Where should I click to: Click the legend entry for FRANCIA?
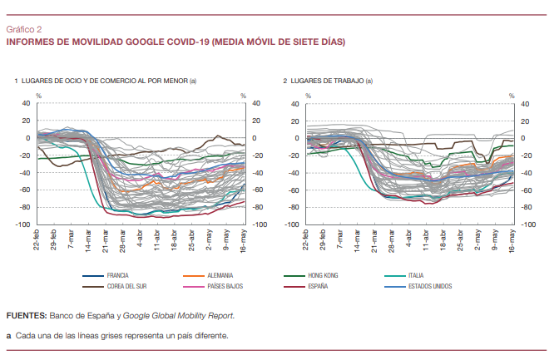tap(117, 274)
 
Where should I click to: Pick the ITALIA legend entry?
tap(417, 274)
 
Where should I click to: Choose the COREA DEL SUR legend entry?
tap(126, 286)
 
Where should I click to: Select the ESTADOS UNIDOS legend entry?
tap(430, 286)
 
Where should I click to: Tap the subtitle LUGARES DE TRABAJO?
tap(327, 81)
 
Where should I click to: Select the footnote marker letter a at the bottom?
tap(8, 336)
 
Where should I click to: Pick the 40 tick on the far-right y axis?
tap(524, 104)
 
